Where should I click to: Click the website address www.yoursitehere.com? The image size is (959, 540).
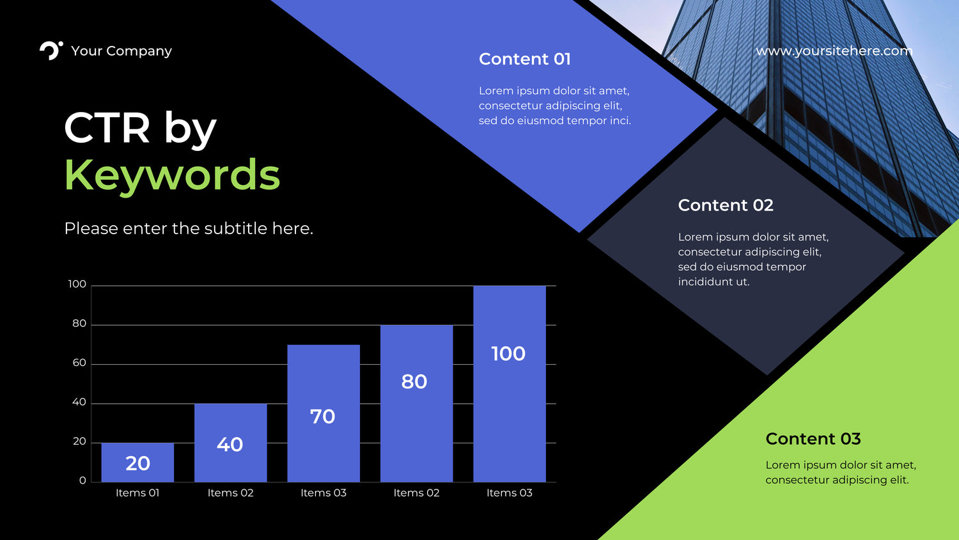[834, 51]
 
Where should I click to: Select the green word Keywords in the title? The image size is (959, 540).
[172, 175]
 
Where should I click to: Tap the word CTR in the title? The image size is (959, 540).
[107, 128]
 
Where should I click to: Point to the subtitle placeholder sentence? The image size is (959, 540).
[189, 228]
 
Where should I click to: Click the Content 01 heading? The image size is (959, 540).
[524, 59]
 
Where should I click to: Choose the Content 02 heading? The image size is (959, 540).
[726, 205]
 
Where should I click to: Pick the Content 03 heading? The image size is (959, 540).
[813, 438]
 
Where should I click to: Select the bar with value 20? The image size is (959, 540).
[137, 463]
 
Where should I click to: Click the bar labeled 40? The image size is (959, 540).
[230, 443]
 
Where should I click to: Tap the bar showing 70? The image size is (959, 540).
[324, 413]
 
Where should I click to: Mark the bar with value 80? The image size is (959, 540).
[417, 404]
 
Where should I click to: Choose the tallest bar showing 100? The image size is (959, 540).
[510, 384]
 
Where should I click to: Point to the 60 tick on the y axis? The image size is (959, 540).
[79, 363]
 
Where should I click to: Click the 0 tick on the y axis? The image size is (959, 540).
[82, 481]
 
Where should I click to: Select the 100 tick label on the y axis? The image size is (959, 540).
[77, 284]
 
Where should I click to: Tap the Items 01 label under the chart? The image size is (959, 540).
[137, 493]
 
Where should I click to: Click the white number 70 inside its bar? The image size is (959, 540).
[322, 417]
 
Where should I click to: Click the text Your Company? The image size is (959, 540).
[121, 51]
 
